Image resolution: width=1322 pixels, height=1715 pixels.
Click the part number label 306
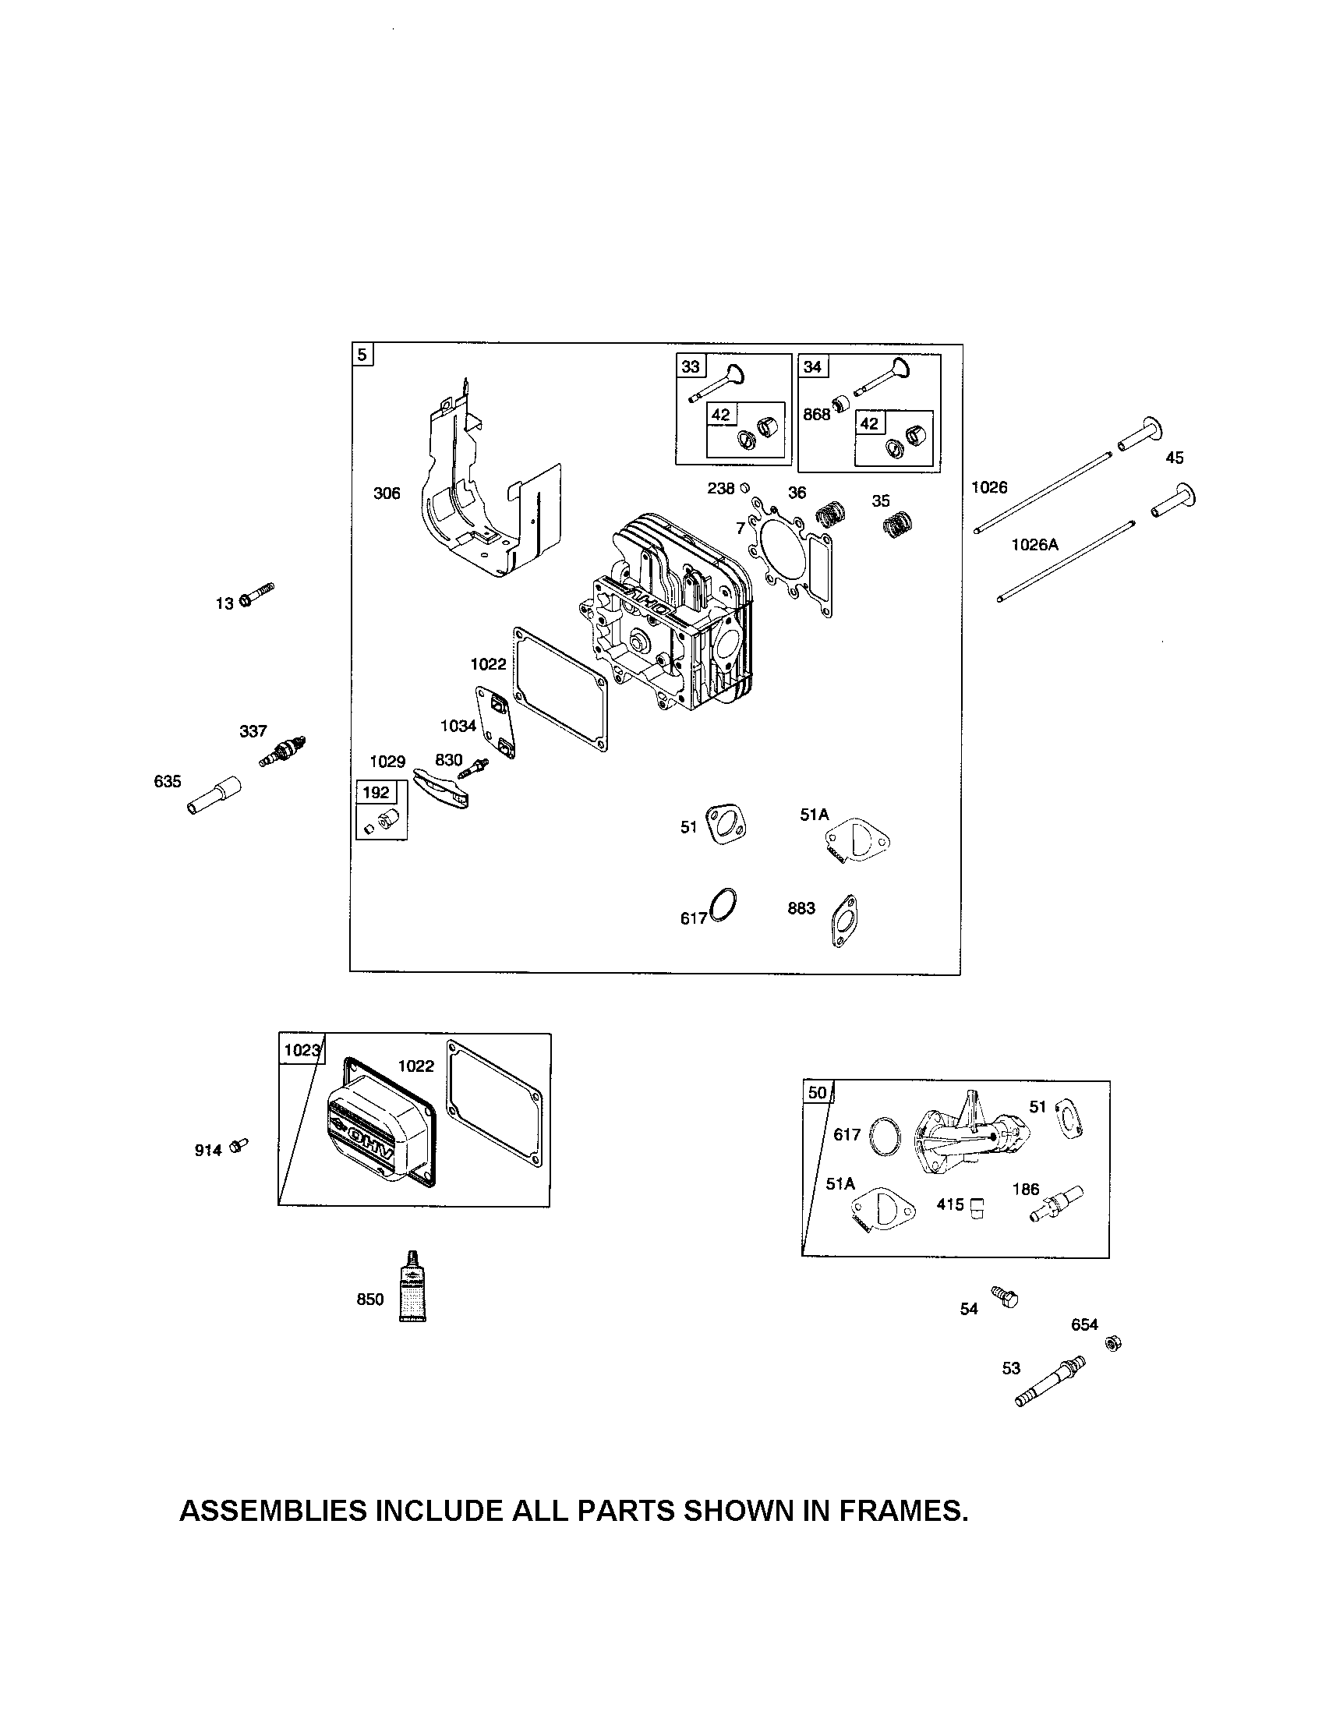pyautogui.click(x=387, y=493)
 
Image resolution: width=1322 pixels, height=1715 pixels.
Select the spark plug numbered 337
pyautogui.click(x=282, y=752)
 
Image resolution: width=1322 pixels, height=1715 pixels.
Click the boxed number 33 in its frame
pyautogui.click(x=690, y=366)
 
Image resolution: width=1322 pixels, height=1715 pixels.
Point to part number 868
pyautogui.click(x=816, y=415)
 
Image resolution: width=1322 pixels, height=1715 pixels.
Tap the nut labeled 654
pyautogui.click(x=1112, y=1344)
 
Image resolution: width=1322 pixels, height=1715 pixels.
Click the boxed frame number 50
pyautogui.click(x=817, y=1092)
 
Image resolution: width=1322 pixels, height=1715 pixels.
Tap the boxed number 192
pyautogui.click(x=375, y=792)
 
